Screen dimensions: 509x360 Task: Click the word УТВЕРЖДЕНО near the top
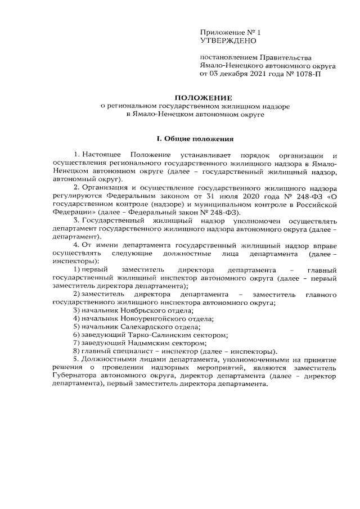tap(228, 41)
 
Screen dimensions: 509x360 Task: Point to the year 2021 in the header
tap(254, 73)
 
